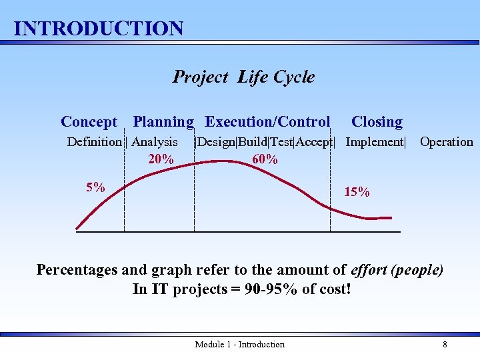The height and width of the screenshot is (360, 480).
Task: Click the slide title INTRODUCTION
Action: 99,29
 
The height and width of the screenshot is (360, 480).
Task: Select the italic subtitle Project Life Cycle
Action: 243,77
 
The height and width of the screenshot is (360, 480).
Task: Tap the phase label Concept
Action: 89,122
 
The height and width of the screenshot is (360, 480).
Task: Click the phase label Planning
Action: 163,122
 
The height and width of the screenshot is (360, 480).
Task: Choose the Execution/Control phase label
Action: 267,122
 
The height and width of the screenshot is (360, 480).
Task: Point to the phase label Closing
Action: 377,122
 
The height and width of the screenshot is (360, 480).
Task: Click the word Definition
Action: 95,142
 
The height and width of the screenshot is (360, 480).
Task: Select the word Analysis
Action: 155,142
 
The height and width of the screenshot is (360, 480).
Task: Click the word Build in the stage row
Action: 253,142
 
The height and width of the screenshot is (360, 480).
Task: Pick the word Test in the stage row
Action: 282,142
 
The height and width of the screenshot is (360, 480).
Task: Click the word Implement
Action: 374,142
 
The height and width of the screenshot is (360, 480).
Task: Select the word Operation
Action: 446,142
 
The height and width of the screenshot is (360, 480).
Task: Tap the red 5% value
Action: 95,187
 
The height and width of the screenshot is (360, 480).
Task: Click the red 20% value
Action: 161,159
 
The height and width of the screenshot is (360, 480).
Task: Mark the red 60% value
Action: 265,159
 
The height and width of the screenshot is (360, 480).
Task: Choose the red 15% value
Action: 357,193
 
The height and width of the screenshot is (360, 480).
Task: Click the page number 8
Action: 445,345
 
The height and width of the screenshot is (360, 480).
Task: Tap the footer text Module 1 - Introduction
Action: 239,345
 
